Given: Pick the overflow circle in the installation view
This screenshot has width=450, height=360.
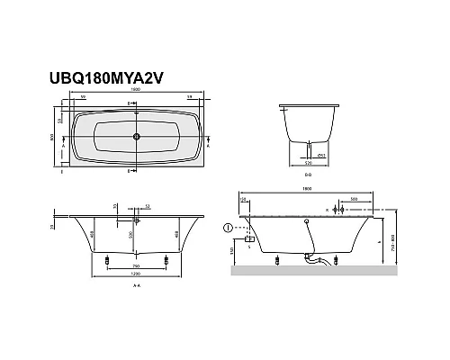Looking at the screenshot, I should click(309, 220).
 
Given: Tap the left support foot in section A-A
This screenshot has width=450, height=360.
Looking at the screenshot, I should click(107, 262).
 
